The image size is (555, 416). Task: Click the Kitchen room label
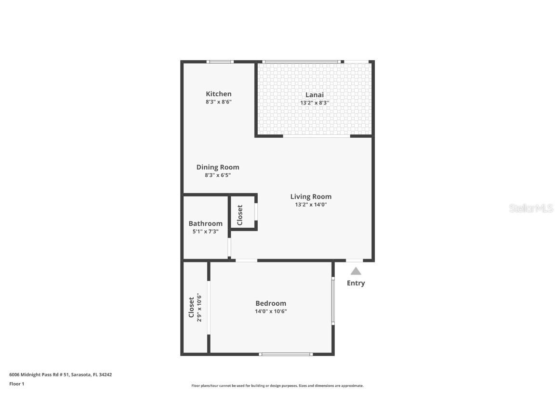coord(219,94)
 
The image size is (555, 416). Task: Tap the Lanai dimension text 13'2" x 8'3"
coord(315,103)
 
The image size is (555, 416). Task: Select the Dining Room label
coord(218,167)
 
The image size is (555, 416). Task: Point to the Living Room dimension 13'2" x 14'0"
coord(311,205)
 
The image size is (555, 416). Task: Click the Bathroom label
coord(205,223)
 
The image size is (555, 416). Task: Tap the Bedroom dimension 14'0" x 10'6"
coord(271,311)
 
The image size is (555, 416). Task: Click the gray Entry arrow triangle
coord(356,271)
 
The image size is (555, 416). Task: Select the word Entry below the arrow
coord(356,283)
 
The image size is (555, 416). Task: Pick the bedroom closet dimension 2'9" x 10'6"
coord(199,308)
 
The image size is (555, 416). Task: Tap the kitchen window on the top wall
coord(220,62)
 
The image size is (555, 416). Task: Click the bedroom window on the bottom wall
coord(286,354)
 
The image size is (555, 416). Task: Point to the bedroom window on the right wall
coord(333,300)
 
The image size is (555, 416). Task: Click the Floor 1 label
coord(16,384)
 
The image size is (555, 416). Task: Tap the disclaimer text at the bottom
coord(277,386)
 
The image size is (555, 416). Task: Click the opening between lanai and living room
coord(317,136)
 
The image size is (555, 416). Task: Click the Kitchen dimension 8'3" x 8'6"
coord(219,102)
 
